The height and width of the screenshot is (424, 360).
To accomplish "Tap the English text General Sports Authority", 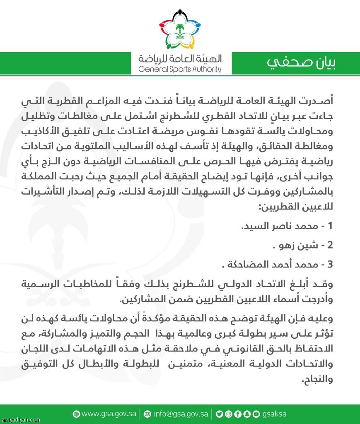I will coord(180,70).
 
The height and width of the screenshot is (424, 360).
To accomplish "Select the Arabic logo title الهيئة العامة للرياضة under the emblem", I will coord(180,58).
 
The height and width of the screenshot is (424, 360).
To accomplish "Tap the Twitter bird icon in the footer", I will coord(219,414).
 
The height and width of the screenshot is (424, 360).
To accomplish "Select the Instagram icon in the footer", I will coord(228,414).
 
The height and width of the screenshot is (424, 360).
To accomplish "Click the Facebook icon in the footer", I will coord(238,414).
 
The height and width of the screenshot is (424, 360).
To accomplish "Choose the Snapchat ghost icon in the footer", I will coord(247,414).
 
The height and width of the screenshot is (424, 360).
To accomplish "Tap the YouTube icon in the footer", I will coord(256,414).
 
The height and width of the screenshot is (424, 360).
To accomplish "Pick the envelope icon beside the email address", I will coord(147,414).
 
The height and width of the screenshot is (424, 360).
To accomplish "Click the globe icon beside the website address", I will coord(76,414).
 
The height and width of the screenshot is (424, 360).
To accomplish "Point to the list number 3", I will coord(331,264).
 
